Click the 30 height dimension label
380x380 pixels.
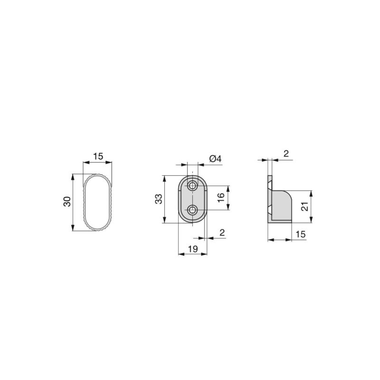tap(67, 201)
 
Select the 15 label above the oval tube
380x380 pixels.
tap(98, 156)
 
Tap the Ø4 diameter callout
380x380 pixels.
tap(215, 159)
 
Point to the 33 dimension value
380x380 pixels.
tap(159, 199)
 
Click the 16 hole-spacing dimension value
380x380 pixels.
tap(221, 198)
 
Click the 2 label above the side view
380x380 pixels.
tap(286, 153)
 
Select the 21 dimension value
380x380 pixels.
tap(305, 206)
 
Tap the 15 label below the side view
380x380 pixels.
tap(300, 234)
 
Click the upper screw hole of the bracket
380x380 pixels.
tap(193, 185)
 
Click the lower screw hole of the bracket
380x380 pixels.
tap(193, 209)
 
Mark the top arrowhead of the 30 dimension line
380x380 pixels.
tap(73, 176)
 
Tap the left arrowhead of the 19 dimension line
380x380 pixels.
tap(180, 254)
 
